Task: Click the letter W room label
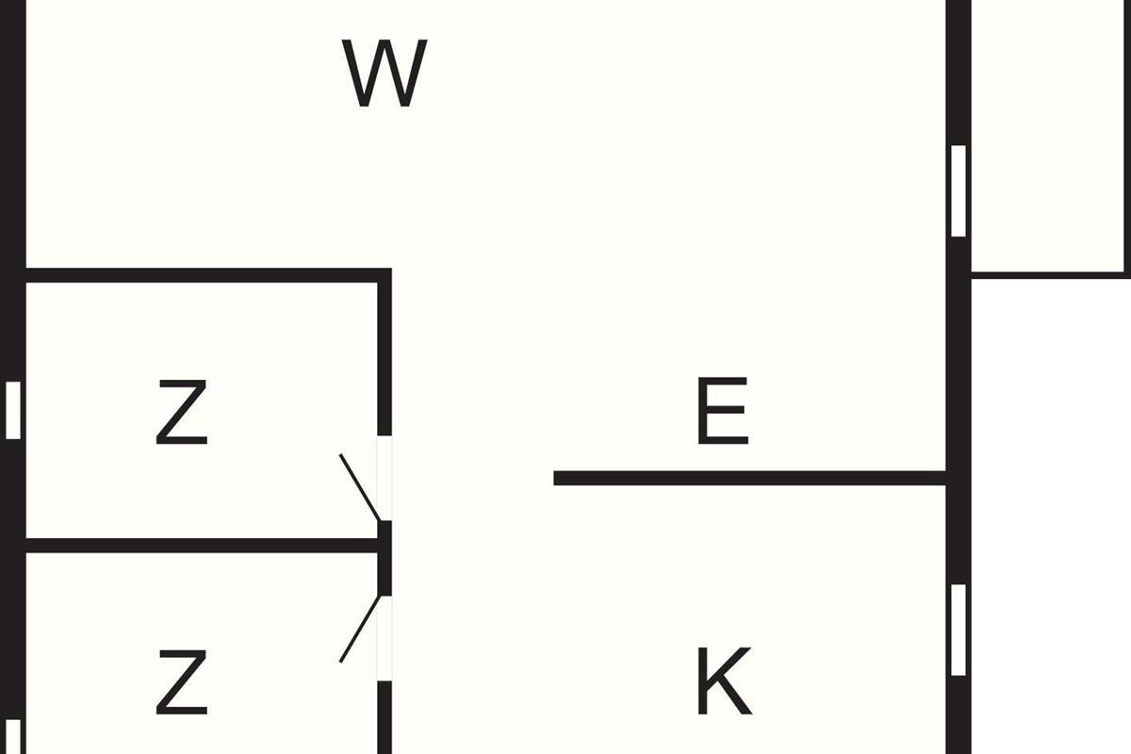coord(385,74)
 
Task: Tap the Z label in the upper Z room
coord(181,411)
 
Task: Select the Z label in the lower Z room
coord(181,681)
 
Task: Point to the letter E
coord(721,411)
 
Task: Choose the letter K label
coord(723,680)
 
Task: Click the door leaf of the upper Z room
coord(360,487)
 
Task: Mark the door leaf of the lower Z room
coord(360,629)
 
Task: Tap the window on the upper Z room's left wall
coord(13,410)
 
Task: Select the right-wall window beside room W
coord(959,190)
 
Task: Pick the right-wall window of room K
coord(959,630)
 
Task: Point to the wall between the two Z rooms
coord(198,546)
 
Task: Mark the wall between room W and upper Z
coord(198,275)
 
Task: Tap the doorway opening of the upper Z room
coord(385,478)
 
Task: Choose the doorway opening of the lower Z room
coord(385,638)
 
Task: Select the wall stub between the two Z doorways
coord(385,558)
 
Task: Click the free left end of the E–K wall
coord(558,478)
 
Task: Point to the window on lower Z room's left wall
coord(13,737)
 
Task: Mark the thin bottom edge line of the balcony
coord(1049,274)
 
